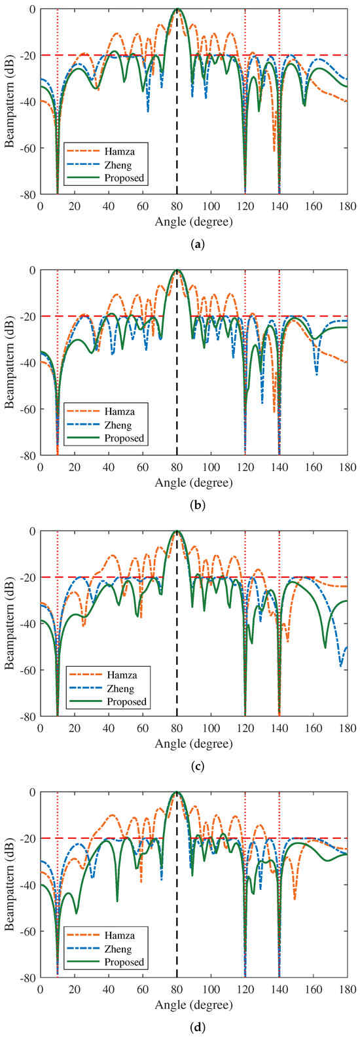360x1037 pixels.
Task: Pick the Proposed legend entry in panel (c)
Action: pyautogui.click(x=119, y=701)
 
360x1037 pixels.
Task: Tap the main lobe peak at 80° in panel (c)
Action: pyautogui.click(x=177, y=531)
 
